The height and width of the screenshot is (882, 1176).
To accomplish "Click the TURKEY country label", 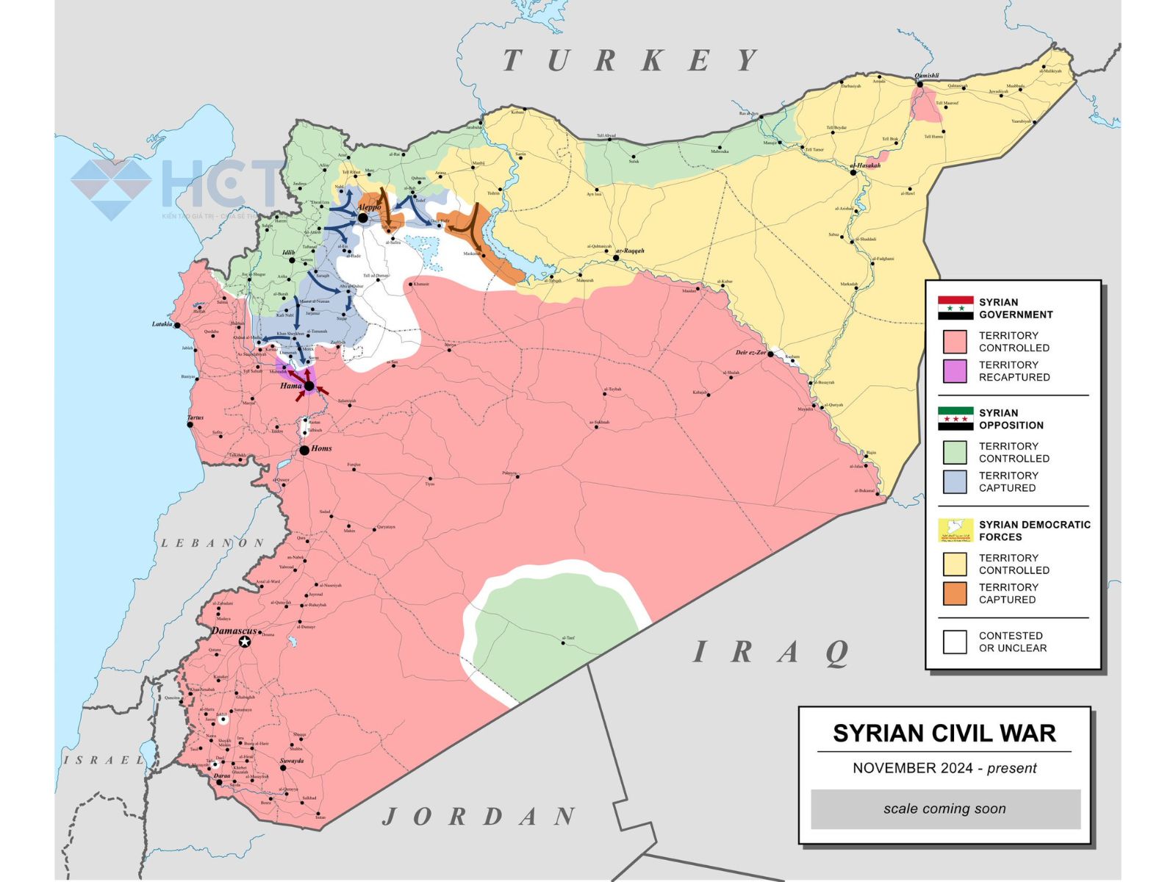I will tap(631, 60).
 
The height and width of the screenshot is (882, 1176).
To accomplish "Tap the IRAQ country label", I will tap(772, 653).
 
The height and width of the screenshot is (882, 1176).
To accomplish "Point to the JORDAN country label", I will tap(479, 816).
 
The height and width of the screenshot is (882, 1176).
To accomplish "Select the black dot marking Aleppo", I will tap(362, 218).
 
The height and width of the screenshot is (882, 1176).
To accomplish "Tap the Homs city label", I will tap(321, 448).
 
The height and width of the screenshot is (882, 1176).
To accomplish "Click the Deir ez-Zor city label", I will tap(750, 353).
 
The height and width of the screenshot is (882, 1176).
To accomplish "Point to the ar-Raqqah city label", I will tap(631, 251).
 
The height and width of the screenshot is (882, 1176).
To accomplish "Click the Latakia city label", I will tap(162, 324).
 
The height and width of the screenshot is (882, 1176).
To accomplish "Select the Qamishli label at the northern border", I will tap(926, 76).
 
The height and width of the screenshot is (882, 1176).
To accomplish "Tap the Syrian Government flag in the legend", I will tap(955, 308).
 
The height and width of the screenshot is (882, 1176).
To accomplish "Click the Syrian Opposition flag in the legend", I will tap(955, 419).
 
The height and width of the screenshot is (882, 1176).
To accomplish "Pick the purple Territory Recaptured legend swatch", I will tap(955, 371).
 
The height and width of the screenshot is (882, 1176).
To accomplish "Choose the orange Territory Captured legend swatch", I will tap(955, 593).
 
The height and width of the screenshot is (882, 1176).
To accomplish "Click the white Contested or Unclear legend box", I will tap(955, 642).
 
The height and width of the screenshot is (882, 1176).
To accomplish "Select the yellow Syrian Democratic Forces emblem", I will tap(955, 531).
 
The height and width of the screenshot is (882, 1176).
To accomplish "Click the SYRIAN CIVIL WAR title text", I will tap(944, 734).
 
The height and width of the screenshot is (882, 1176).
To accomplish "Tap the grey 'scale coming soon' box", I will tap(945, 808).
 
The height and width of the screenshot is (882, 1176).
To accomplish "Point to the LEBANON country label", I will tap(212, 543).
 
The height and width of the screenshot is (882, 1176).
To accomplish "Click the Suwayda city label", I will tap(292, 761).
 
